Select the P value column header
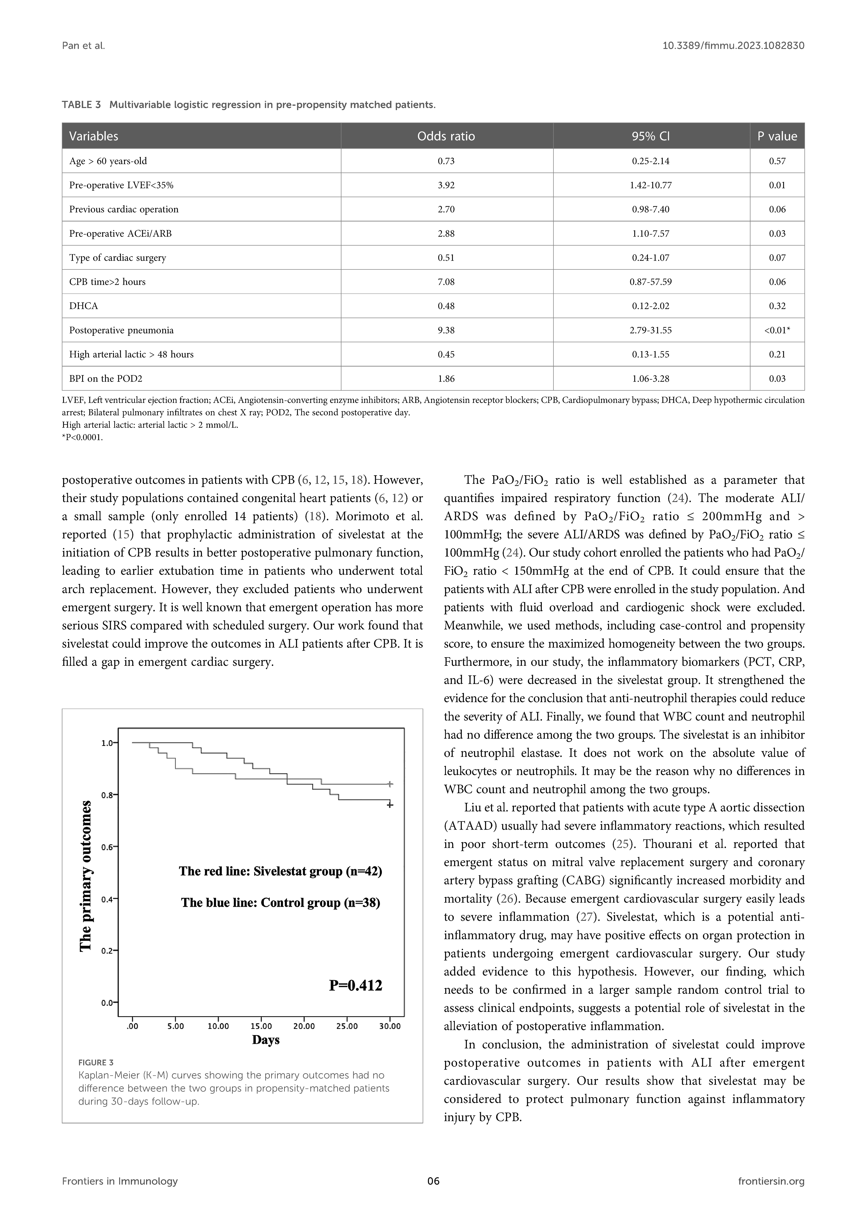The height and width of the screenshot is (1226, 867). point(777,136)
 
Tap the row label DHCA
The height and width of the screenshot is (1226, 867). point(84,306)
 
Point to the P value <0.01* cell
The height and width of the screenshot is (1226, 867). point(777,330)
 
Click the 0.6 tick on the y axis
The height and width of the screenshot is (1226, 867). point(108,847)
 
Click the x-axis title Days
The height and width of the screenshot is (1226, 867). point(266,1040)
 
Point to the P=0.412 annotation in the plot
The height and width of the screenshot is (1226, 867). point(356,985)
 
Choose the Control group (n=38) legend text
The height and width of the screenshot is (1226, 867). point(280,902)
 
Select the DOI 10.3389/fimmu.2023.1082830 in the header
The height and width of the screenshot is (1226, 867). point(733,46)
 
